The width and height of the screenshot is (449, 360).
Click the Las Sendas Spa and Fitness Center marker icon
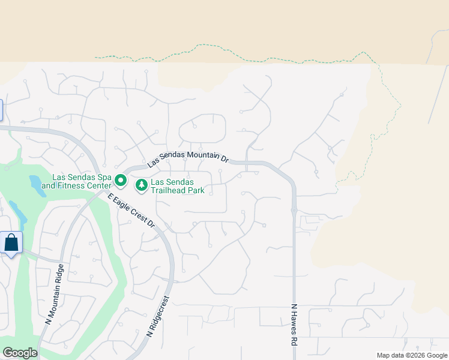point(121,180)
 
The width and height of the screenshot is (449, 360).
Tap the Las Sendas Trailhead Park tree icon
point(142,185)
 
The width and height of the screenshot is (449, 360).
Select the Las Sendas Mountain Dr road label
point(188,158)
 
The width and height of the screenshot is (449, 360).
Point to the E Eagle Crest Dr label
point(131,210)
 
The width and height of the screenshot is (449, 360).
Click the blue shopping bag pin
point(11,243)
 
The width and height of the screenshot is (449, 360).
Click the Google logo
point(20,353)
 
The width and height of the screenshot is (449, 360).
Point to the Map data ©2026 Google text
point(411,355)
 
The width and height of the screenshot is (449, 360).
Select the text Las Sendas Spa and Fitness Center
point(82,181)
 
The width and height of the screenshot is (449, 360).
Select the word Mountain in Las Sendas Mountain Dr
point(201,156)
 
